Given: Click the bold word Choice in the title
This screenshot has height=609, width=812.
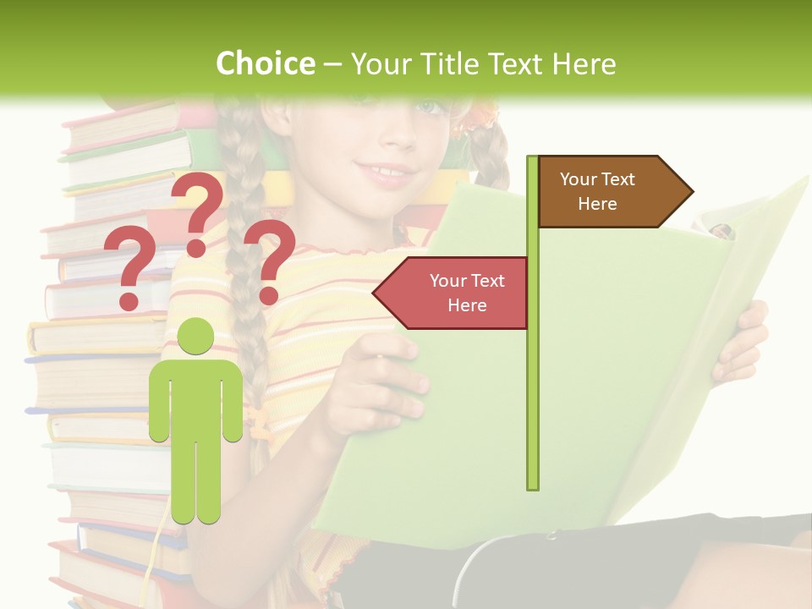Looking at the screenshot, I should click(265, 63).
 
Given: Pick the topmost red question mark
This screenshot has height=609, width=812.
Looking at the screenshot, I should click(198, 211).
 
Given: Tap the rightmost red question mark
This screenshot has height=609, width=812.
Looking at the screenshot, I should click(269, 261).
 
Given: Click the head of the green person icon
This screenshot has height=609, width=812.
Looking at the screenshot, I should click(196, 337).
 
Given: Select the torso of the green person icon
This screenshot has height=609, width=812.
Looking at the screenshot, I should click(196, 398).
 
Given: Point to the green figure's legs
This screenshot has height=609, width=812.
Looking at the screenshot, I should click(196, 482).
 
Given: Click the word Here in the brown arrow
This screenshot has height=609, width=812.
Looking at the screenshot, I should click(597, 204).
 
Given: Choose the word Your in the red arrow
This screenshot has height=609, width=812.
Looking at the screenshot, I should click(449, 281).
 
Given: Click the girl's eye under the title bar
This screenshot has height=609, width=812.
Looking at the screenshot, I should click(430, 107).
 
